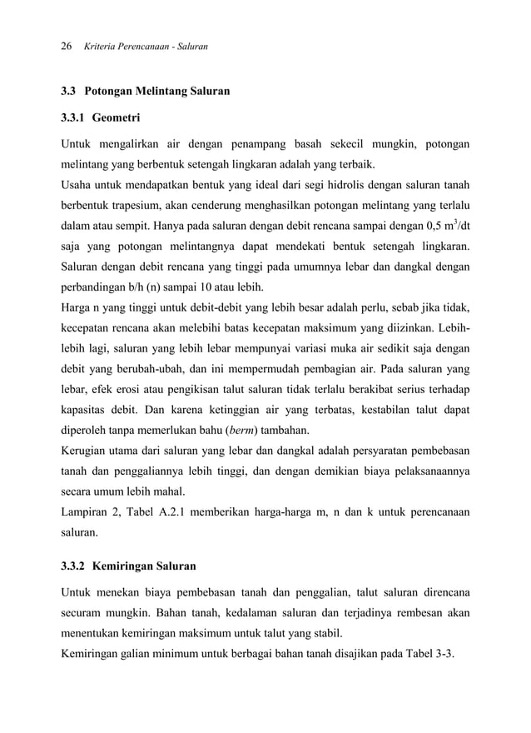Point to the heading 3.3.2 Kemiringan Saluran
[x=129, y=566]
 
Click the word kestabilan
[x=392, y=410]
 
